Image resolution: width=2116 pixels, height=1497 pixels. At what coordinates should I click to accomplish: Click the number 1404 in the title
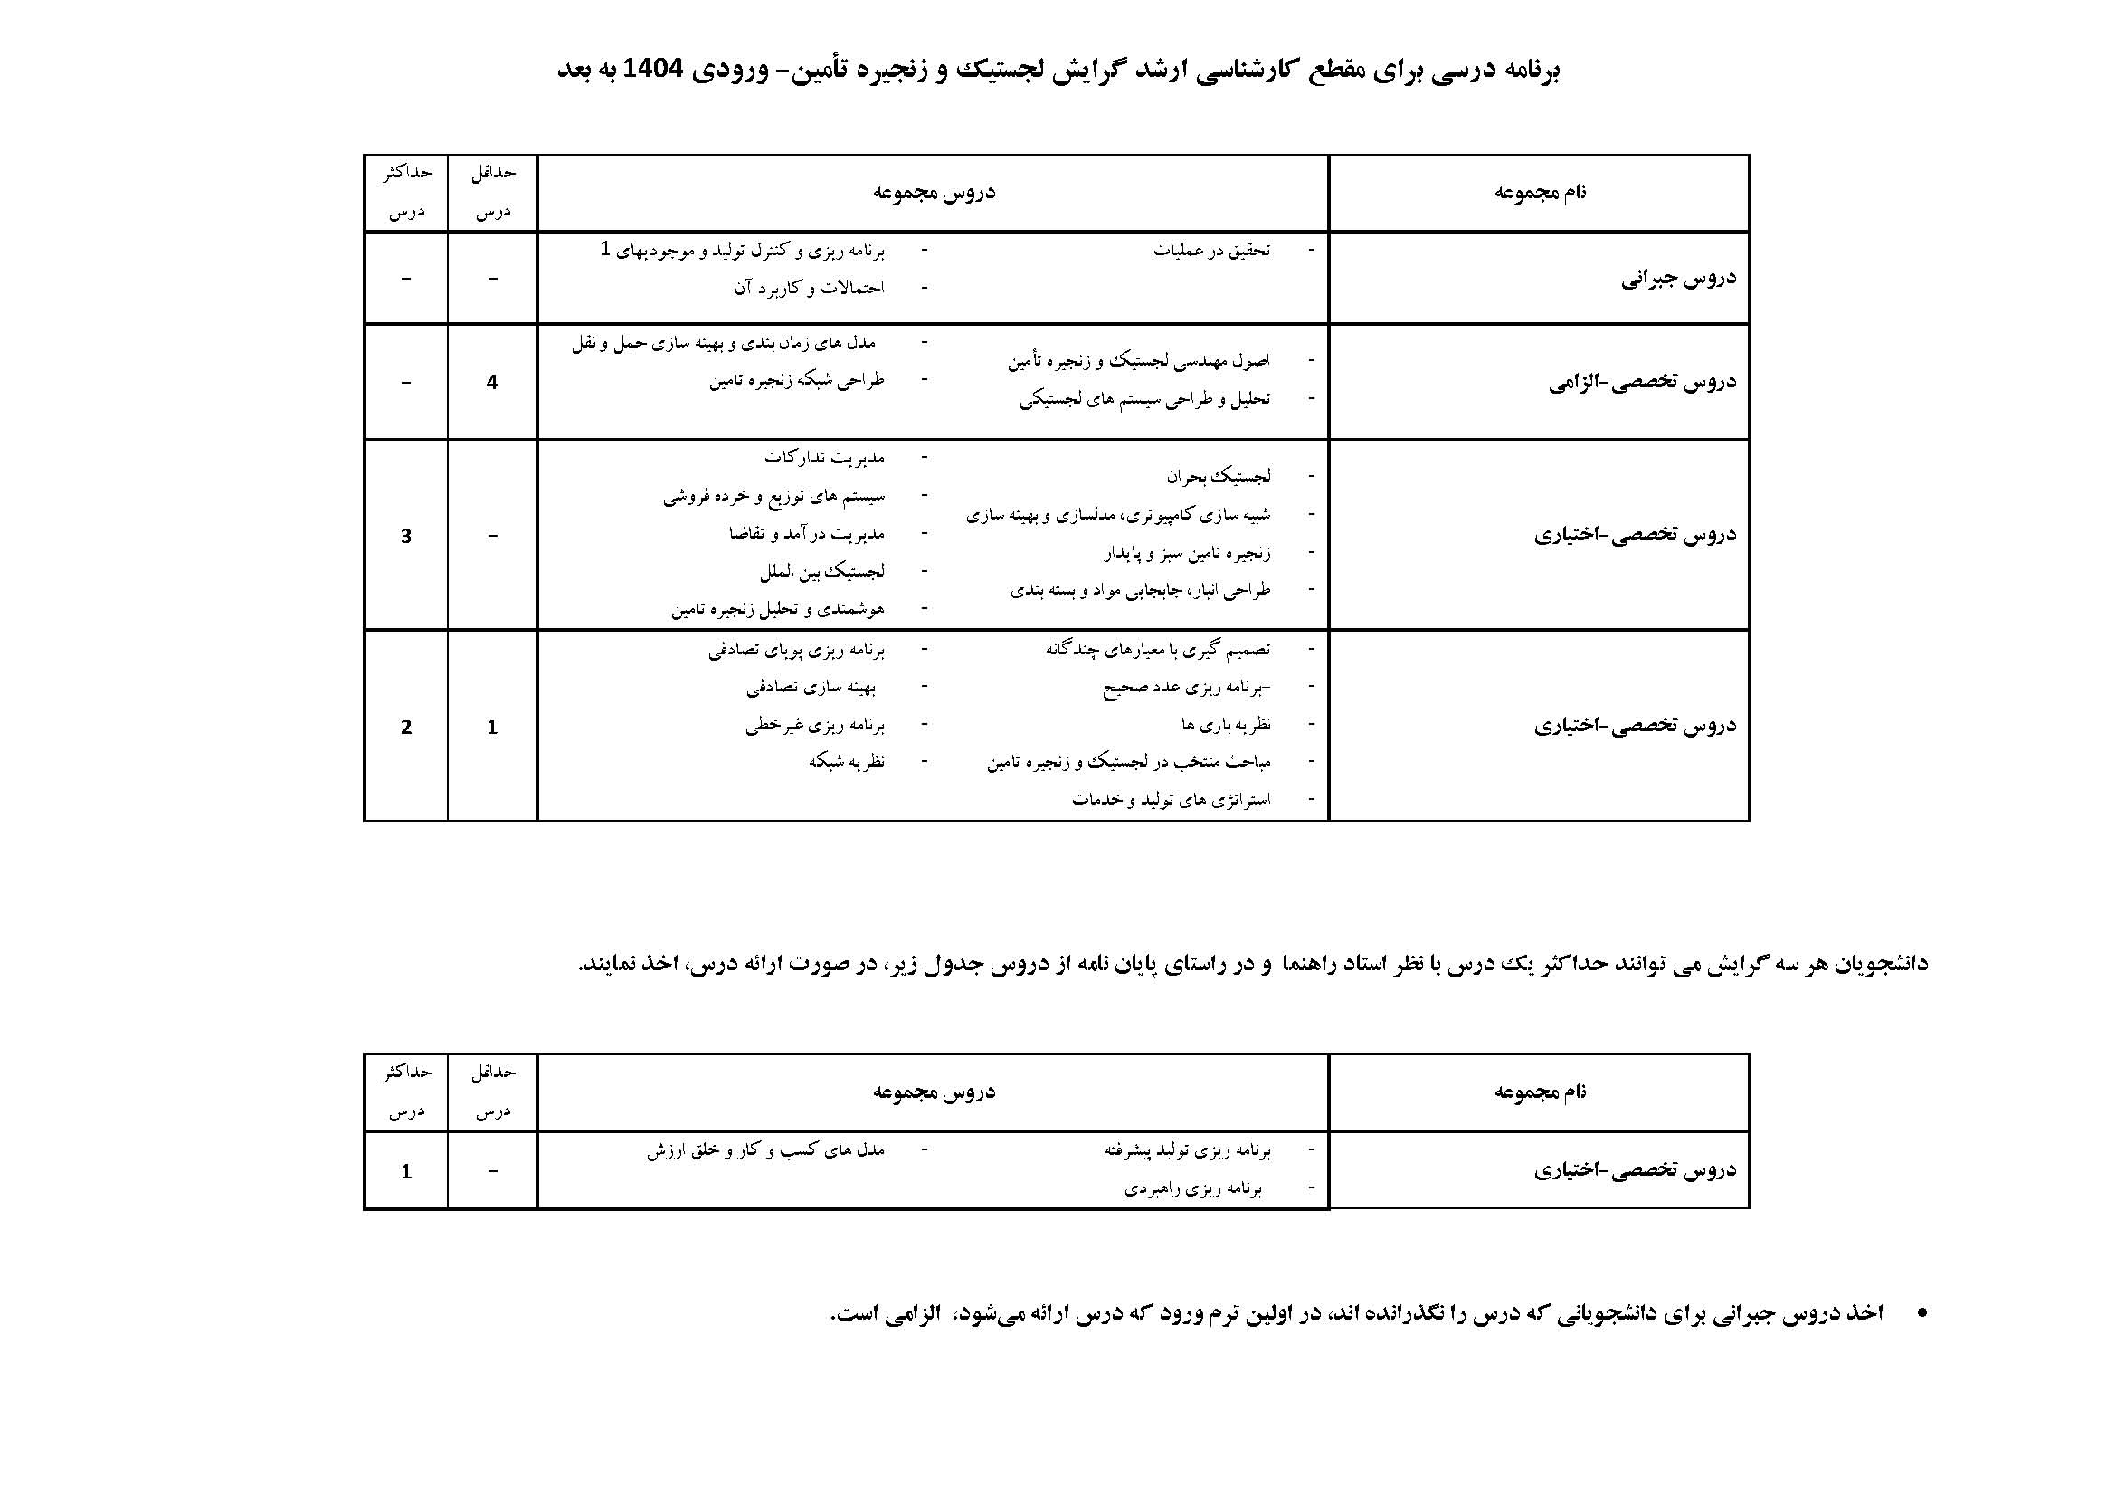tap(652, 70)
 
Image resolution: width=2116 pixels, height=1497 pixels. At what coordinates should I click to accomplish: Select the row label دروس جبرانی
tap(1678, 279)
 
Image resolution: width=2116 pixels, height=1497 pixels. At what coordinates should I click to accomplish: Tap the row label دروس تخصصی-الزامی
tap(1642, 382)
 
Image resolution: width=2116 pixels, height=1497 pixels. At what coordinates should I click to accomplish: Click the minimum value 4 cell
tap(492, 382)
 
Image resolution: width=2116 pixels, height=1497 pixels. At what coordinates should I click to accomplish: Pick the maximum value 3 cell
tap(406, 536)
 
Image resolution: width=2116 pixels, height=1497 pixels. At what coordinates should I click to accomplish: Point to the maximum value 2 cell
tap(406, 727)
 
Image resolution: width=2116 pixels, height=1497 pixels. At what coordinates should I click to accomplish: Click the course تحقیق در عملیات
tap(1211, 250)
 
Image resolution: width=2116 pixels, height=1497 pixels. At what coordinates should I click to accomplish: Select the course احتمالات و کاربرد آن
tap(809, 288)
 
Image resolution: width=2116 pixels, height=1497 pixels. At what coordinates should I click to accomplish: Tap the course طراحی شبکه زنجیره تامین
tap(796, 381)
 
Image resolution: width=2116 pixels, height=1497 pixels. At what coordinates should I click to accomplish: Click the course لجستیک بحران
tap(1219, 477)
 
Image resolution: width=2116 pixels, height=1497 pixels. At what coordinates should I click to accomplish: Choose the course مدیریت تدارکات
tap(824, 457)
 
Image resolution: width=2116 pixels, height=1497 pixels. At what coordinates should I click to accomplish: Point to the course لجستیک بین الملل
tap(822, 571)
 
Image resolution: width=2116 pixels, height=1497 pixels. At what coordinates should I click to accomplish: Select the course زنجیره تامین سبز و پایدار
tap(1187, 553)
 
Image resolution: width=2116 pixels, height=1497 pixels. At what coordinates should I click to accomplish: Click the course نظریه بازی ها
tap(1226, 725)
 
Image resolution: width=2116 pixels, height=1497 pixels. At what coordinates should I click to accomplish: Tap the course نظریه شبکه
tap(847, 761)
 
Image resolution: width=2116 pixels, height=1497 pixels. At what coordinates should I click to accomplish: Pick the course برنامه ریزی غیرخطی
tap(815, 726)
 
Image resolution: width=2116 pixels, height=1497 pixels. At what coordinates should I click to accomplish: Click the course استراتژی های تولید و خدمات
tap(1171, 799)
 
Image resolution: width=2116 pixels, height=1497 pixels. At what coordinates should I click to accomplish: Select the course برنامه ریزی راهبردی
tap(1192, 1189)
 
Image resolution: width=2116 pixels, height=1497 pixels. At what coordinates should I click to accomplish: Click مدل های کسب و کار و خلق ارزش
tap(765, 1150)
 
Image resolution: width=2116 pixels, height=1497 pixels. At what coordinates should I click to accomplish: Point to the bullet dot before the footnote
tap(1921, 1312)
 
